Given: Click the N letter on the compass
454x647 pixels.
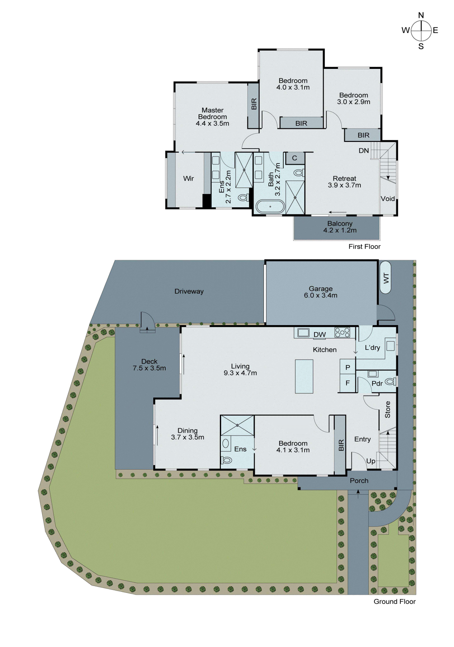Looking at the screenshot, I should [x=421, y=15].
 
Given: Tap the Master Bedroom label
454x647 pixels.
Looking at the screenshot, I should [x=212, y=117].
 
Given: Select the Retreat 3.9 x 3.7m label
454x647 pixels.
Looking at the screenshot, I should [x=344, y=182].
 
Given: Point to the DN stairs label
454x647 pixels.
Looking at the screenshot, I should [x=364, y=151].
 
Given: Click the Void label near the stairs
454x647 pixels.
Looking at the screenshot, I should [x=388, y=199].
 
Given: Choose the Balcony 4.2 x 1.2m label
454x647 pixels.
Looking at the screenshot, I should [x=340, y=227].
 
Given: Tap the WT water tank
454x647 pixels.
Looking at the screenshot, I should [x=385, y=278].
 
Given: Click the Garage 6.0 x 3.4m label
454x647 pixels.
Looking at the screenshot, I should [x=320, y=292].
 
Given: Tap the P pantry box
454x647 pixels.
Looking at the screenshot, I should [x=348, y=367].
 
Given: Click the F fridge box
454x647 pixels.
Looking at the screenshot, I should [x=348, y=383].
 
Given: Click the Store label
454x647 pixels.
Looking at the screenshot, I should [x=388, y=409].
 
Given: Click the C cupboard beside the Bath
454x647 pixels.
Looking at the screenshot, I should [x=294, y=158].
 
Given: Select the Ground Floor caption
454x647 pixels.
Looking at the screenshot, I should [x=394, y=602].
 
